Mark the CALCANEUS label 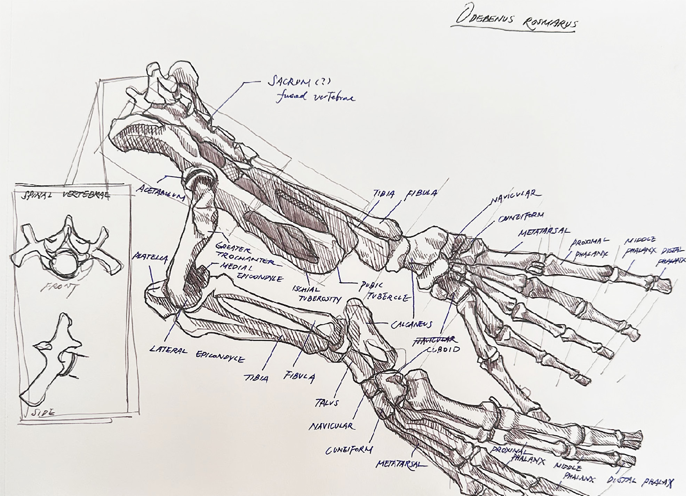(x=411, y=325)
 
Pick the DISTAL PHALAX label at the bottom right (x=640, y=481)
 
